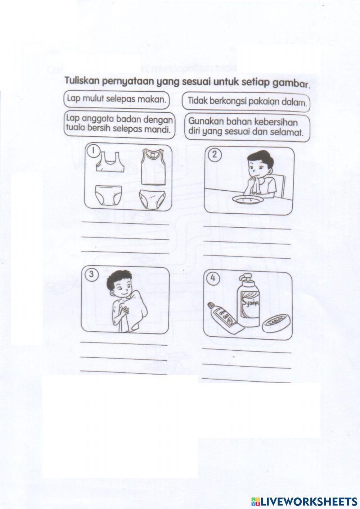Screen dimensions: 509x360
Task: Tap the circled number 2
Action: coord(215,155)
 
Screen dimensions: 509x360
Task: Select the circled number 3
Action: coord(91,274)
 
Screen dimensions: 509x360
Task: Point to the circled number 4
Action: coord(213,278)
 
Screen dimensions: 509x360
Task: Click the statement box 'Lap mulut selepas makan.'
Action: coord(116,99)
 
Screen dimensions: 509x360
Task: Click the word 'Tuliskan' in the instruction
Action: coord(82,81)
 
